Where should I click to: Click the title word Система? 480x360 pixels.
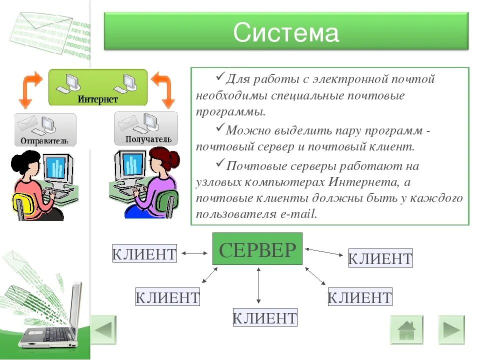285,32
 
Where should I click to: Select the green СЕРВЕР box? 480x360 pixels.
257,249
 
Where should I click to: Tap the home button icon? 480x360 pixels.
406,330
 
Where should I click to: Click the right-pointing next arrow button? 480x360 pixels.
451,330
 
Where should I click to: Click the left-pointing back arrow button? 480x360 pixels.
103,330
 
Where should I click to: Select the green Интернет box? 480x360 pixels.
97,87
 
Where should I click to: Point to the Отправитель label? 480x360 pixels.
44,140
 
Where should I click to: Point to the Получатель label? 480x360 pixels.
148,139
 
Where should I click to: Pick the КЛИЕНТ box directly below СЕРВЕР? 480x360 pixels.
265,318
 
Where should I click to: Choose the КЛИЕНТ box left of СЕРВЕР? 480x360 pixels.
144,253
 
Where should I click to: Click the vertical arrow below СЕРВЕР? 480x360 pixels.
258,285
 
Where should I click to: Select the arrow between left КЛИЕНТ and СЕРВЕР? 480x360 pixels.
194,253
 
